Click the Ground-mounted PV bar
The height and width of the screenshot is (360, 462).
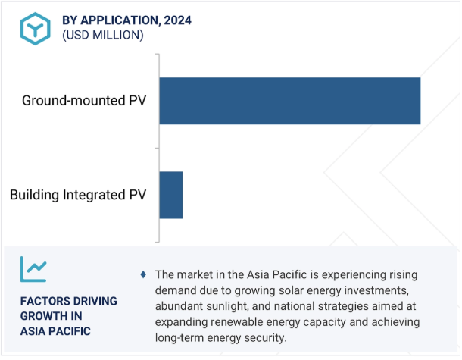pos(290,101)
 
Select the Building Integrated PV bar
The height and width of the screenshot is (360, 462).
pos(171,195)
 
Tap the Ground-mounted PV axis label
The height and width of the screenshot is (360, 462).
pos(84,101)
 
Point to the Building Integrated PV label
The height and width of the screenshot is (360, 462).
pos(78,195)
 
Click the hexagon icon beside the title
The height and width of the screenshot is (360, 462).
pos(35,29)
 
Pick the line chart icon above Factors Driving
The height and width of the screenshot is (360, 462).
pos(33,269)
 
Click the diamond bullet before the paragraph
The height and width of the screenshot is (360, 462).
pos(143,274)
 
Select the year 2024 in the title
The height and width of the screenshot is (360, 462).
pos(178,20)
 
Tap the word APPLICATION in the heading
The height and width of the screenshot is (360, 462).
pos(120,20)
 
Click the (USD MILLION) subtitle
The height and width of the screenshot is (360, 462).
pos(103,35)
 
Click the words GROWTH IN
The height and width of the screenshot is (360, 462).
pos(52,316)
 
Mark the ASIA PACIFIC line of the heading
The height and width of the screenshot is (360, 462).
pos(55,331)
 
